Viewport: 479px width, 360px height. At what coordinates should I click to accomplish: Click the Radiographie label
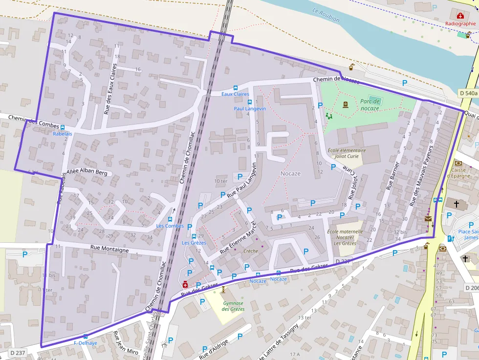tap(460, 23)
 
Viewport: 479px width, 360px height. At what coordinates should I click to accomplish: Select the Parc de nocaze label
tap(370, 104)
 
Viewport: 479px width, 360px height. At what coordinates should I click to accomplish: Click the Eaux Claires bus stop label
tap(235, 94)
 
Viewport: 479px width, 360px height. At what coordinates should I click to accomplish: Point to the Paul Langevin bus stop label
tap(249, 108)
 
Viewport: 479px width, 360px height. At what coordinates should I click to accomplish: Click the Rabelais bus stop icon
tap(63, 127)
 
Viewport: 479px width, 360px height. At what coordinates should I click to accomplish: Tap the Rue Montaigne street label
tap(109, 250)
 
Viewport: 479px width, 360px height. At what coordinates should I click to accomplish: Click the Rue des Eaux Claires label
tap(110, 89)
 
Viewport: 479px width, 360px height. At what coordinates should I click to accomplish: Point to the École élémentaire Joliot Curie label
tap(346, 153)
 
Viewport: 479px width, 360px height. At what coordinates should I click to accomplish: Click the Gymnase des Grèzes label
tap(233, 306)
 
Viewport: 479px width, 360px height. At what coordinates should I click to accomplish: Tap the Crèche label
tap(251, 251)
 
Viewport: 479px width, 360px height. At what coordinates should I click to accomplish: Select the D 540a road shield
tap(468, 93)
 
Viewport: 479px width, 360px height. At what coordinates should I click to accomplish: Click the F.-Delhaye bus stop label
tap(86, 343)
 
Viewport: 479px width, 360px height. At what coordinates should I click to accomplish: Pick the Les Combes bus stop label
tap(170, 226)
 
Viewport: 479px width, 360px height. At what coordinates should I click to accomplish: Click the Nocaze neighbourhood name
tap(290, 173)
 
